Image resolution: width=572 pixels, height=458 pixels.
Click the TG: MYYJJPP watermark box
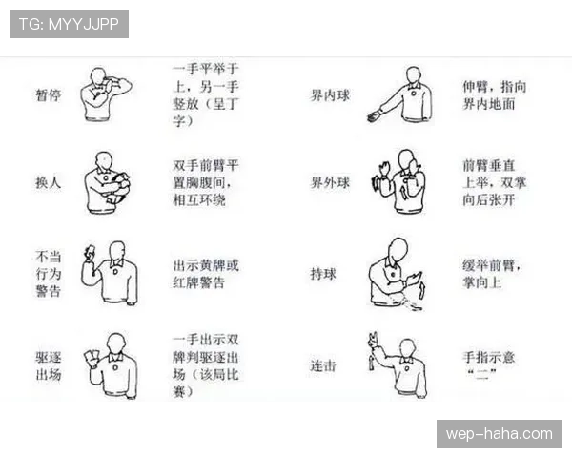[69, 24]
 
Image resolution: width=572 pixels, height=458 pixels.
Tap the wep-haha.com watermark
[499, 434]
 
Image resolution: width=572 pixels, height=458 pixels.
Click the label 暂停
[49, 95]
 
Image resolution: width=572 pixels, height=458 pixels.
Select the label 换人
[49, 182]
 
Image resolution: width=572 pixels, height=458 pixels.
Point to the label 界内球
[330, 95]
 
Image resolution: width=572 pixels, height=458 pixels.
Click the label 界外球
[330, 182]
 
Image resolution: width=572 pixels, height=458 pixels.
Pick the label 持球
[323, 274]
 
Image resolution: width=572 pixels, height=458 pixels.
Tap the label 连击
[323, 365]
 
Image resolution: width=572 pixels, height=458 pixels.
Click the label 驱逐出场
[49, 365]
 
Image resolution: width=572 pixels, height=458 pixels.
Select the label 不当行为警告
[49, 274]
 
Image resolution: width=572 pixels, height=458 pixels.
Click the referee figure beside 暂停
[106, 94]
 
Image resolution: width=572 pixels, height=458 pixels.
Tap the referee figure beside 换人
[107, 183]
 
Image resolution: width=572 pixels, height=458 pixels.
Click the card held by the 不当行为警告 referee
[91, 250]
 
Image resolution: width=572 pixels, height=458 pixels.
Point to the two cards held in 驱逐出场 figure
[92, 354]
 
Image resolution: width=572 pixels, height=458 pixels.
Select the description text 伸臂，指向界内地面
[494, 95]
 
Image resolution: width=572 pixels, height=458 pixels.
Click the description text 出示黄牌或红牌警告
[206, 274]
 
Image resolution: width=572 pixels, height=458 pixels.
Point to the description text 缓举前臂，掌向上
[492, 274]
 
